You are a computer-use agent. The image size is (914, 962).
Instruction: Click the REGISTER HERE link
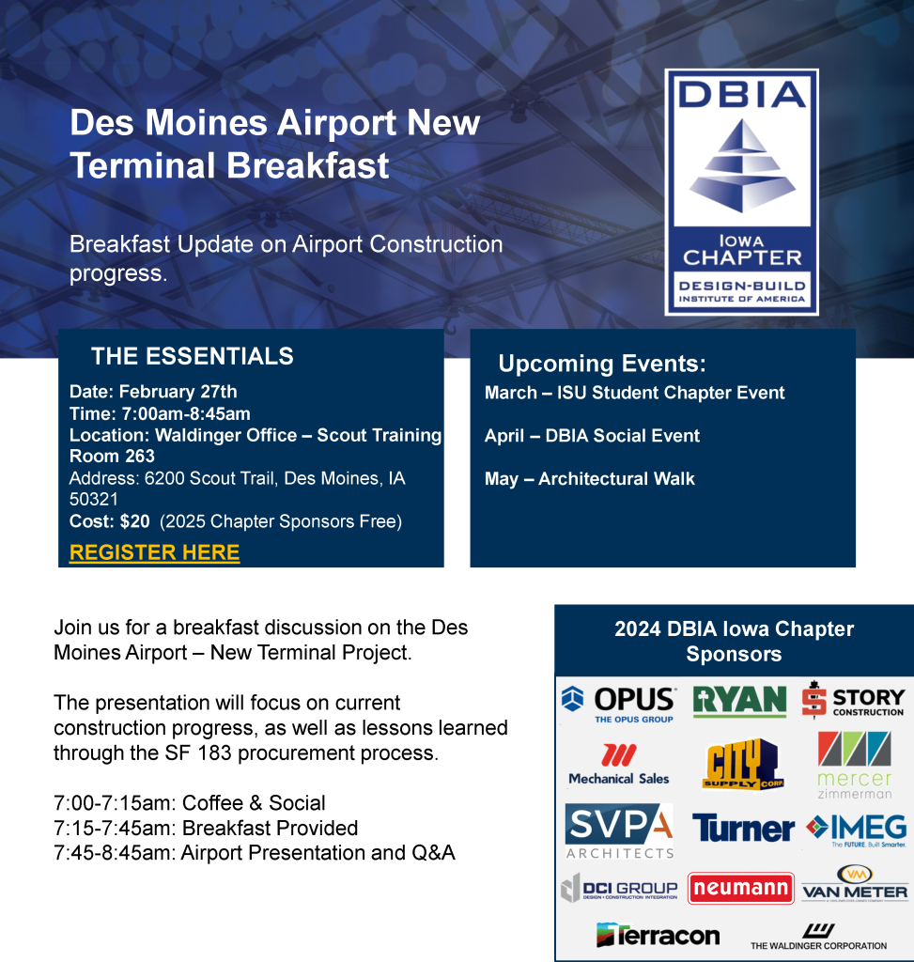[155, 552]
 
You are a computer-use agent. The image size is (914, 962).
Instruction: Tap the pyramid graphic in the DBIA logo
[742, 165]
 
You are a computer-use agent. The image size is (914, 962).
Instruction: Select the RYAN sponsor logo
[740, 701]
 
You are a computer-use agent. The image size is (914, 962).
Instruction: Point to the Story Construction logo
[853, 699]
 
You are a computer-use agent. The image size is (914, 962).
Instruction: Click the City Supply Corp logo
[742, 764]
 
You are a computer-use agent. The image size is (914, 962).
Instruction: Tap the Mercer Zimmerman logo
[855, 765]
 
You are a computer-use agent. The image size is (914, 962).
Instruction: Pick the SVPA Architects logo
[619, 830]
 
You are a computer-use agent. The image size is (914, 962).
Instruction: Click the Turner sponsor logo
[743, 829]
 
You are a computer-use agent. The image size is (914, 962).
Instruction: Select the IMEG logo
[857, 830]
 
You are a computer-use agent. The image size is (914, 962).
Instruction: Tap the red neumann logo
[741, 888]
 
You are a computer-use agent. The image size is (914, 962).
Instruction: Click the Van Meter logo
[855, 883]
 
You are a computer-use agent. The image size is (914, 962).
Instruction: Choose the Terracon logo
[658, 935]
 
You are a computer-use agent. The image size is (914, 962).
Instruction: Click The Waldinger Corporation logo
[818, 937]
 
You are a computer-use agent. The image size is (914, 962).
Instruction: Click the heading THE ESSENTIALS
[192, 356]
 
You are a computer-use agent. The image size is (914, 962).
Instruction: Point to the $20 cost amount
[135, 520]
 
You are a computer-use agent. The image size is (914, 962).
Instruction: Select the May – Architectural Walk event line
[590, 478]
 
